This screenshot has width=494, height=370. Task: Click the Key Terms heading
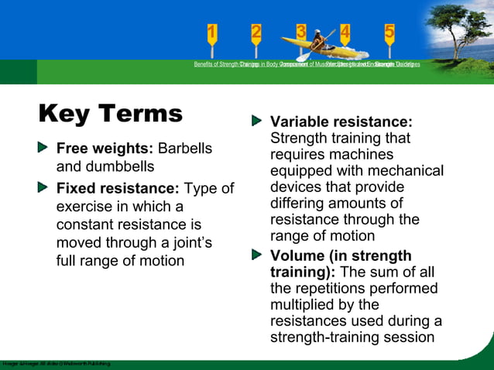pyautogui.click(x=111, y=114)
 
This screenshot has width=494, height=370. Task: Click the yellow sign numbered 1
pyautogui.click(x=212, y=33)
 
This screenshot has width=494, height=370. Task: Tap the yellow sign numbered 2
pyautogui.click(x=256, y=33)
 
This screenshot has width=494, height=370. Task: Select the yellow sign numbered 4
pyautogui.click(x=345, y=33)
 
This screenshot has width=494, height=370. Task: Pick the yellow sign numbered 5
pyautogui.click(x=389, y=33)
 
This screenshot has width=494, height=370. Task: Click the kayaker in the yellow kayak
pyautogui.click(x=317, y=41)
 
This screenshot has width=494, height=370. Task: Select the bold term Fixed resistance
pyautogui.click(x=118, y=188)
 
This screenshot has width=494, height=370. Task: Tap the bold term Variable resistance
pyautogui.click(x=341, y=122)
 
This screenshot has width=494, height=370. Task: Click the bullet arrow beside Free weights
pyautogui.click(x=45, y=147)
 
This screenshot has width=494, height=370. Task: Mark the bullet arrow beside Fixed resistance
pyautogui.click(x=45, y=187)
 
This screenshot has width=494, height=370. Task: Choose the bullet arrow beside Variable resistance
pyautogui.click(x=257, y=122)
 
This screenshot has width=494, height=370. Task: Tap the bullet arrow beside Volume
pyautogui.click(x=257, y=255)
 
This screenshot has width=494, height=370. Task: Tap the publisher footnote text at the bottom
pyautogui.click(x=56, y=363)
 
